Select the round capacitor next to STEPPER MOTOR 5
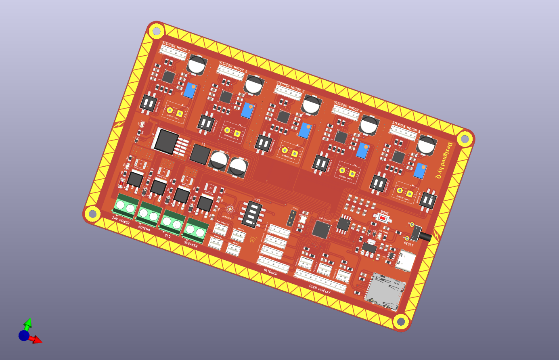(x=426, y=145)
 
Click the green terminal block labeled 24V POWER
(x=125, y=207)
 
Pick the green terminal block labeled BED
(x=172, y=222)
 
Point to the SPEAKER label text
(x=191, y=244)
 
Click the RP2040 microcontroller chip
(x=322, y=230)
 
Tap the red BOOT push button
(x=383, y=218)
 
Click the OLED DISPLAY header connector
(x=320, y=281)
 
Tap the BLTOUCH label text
(x=270, y=272)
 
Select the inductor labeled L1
(x=200, y=154)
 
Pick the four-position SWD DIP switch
(x=252, y=215)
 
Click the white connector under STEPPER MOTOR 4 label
(x=345, y=113)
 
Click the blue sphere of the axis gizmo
(x=23, y=335)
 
